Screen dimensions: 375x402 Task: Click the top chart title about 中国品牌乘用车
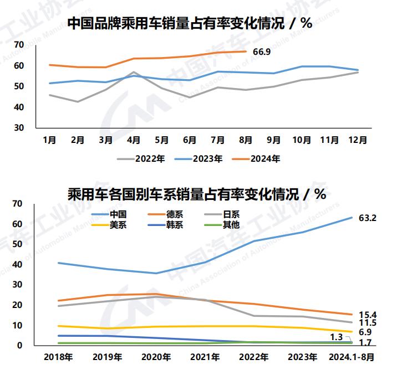pos(189,24)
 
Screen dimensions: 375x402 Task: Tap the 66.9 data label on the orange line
pos(262,52)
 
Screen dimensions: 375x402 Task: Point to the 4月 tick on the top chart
pos(134,140)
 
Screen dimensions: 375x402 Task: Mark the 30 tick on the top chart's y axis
pos(19,127)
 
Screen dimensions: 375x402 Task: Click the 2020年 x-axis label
pos(156,357)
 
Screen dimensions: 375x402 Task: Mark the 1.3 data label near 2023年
pos(336,337)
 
